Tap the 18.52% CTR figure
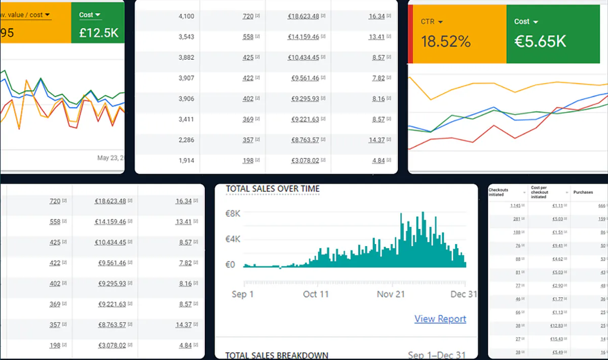click(445, 42)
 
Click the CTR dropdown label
click(432, 22)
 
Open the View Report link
click(440, 319)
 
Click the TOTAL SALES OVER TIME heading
click(273, 189)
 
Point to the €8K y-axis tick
click(233, 214)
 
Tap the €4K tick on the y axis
click(233, 239)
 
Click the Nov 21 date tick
click(391, 294)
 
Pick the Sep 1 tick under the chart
click(243, 294)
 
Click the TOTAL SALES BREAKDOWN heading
click(276, 355)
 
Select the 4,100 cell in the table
click(186, 16)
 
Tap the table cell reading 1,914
click(186, 161)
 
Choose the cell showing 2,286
click(186, 140)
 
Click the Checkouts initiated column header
click(498, 192)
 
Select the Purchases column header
click(583, 192)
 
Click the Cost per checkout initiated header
click(541, 192)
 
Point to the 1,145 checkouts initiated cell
click(515, 206)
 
